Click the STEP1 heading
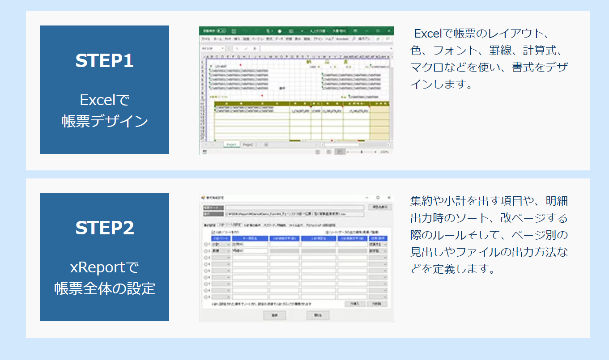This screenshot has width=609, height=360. [x=104, y=61]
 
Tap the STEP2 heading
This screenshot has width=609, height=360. [x=104, y=228]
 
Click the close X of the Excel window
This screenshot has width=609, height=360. [x=388, y=31]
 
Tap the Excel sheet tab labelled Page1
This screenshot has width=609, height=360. [x=231, y=144]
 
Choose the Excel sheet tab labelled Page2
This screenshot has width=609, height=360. [x=247, y=144]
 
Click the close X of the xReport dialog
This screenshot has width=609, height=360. [x=388, y=197]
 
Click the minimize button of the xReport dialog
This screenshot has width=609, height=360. [x=367, y=197]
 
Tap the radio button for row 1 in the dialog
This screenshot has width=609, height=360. [x=206, y=245]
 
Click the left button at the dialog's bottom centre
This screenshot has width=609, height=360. [x=275, y=315]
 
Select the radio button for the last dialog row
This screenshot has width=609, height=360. [x=206, y=296]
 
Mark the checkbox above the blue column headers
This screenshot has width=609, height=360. [x=213, y=233]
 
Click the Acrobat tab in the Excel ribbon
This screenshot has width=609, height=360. [x=342, y=39]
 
